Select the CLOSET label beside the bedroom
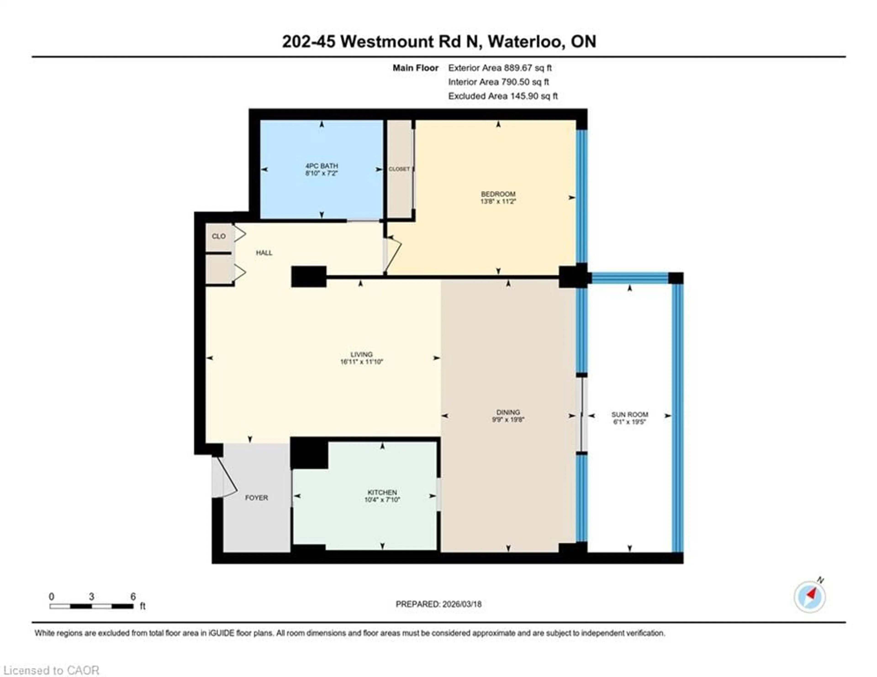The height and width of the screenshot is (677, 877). (399, 169)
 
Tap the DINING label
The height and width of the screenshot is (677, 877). (508, 412)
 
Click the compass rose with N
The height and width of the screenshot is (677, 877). (810, 597)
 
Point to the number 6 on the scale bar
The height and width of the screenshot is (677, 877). (133, 596)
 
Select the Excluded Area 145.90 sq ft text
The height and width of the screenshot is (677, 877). (503, 96)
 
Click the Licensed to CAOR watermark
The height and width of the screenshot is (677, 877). (51, 670)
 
